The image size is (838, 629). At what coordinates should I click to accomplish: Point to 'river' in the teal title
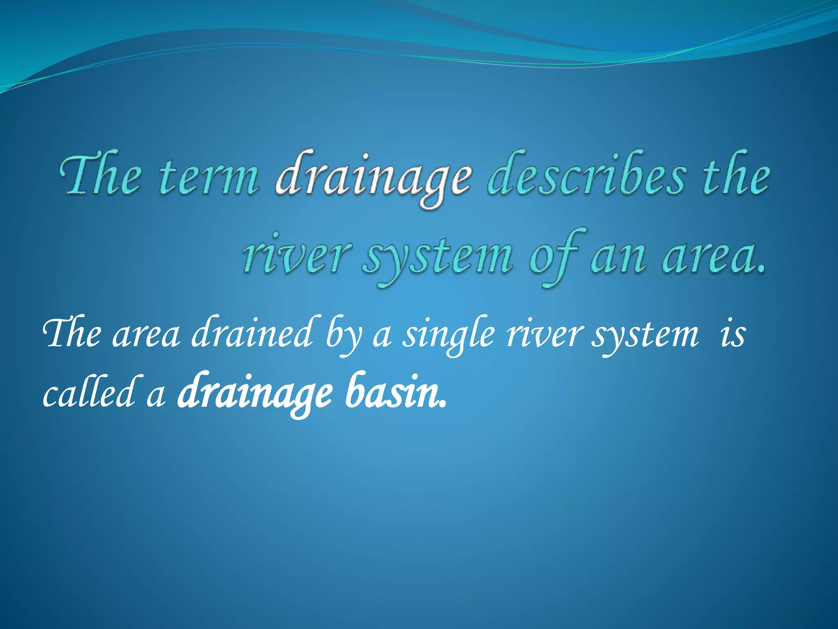tap(296, 256)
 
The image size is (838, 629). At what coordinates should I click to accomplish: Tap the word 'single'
tap(448, 336)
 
